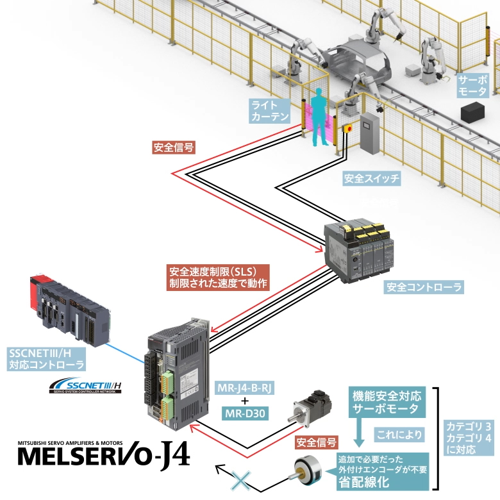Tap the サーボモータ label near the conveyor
[x=472, y=85]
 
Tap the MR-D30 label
[x=245, y=412]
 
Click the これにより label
[x=399, y=434]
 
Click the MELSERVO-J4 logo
[x=103, y=454]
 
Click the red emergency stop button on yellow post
[x=349, y=128]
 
